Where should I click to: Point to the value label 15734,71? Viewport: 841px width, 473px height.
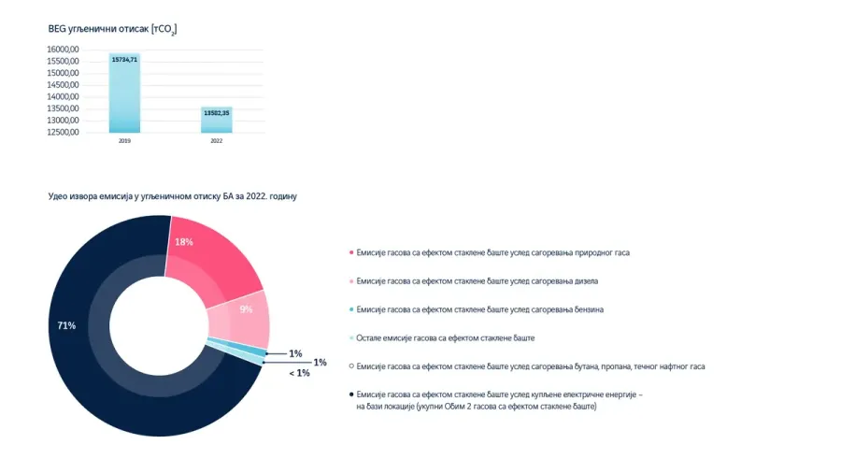point(124,59)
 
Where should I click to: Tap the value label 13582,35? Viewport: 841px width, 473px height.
point(216,112)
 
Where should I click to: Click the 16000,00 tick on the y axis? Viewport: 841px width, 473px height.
point(64,49)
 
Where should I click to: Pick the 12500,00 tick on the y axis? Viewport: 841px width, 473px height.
point(64,132)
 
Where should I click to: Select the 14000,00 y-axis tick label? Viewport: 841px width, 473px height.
point(64,96)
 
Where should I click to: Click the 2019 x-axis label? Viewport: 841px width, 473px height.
point(124,141)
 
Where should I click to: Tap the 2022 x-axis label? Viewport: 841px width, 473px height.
point(216,141)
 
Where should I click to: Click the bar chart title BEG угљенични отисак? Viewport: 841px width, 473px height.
point(112,29)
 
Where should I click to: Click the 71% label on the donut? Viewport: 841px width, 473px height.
point(66,325)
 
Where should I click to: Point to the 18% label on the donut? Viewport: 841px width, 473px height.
point(184,242)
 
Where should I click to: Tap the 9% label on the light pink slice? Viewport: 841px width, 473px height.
point(246,309)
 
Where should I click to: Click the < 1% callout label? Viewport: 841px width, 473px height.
point(299,373)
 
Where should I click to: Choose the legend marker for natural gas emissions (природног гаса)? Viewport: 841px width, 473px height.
point(351,252)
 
